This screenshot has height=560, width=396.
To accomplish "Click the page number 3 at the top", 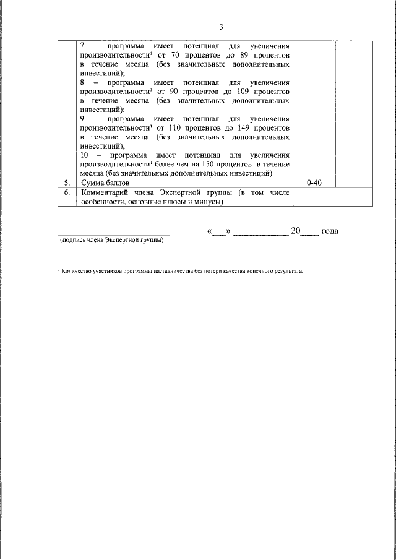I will (221, 27).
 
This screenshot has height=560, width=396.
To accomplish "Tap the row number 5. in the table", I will (67, 184).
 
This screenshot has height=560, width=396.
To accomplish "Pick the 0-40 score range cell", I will (314, 184).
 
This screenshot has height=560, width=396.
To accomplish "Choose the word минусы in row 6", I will (207, 201).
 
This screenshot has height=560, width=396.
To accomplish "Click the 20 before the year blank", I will (296, 231).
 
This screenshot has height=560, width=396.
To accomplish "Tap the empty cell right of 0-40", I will (353, 184).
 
